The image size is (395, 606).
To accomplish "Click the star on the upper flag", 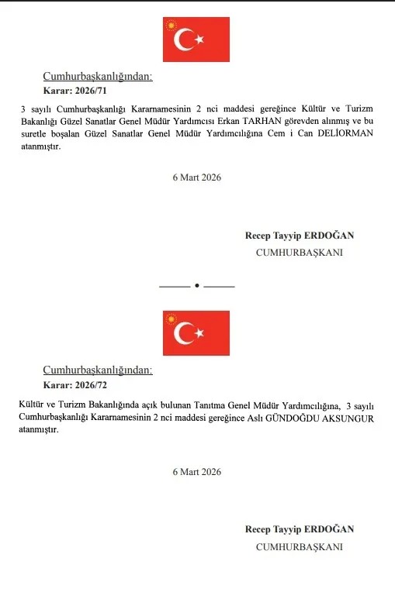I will click(199, 39).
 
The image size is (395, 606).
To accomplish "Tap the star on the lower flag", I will click(199, 333).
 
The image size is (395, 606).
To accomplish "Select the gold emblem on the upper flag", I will click(171, 25).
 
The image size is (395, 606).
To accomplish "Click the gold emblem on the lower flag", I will click(171, 318).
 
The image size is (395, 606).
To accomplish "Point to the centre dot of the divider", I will click(197, 286).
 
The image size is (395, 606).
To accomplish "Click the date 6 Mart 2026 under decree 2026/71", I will click(197, 177).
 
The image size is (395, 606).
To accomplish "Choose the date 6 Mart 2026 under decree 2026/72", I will click(197, 471).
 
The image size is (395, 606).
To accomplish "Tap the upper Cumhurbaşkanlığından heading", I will click(97, 77).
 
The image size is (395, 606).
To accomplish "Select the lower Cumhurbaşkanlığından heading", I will click(97, 370).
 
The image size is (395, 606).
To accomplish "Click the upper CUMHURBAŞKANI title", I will click(300, 253).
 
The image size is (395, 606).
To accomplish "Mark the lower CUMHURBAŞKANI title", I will click(300, 546).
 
